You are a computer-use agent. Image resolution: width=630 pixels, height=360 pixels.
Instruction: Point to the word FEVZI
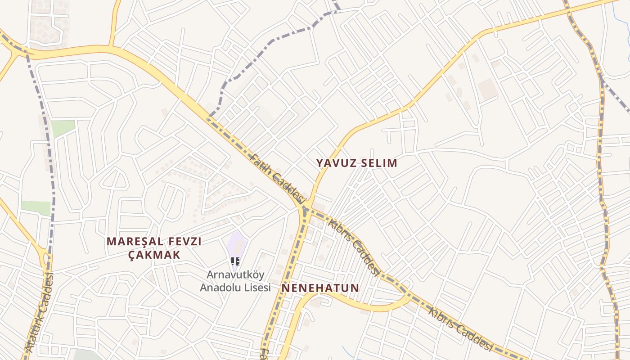[x=183, y=242]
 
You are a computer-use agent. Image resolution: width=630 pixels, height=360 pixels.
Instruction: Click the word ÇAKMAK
[x=154, y=255]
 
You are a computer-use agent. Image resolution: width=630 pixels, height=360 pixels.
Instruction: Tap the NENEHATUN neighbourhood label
[x=320, y=288]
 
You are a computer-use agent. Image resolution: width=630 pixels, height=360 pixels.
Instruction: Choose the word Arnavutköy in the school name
[x=236, y=274]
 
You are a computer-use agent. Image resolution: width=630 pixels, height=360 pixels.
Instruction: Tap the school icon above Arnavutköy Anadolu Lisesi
[x=235, y=261]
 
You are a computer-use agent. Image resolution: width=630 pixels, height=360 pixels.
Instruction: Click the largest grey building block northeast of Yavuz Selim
[x=488, y=89]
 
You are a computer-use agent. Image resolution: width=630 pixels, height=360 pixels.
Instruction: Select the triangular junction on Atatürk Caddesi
[x=45, y=258]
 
